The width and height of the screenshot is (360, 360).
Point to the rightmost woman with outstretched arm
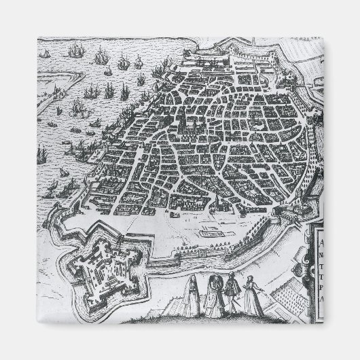(x=253, y=293)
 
